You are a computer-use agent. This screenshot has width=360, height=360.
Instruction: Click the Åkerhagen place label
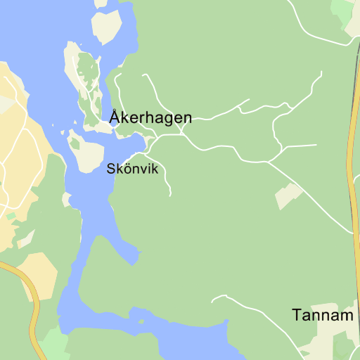(x=150, y=117)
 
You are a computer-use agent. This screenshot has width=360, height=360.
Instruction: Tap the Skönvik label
(x=133, y=169)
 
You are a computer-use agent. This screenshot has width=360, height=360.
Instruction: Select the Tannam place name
(x=323, y=316)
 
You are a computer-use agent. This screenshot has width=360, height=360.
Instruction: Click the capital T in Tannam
(x=296, y=316)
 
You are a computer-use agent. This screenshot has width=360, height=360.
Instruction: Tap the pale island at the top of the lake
(x=107, y=26)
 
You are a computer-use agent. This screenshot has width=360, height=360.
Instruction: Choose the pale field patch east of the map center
(x=288, y=195)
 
